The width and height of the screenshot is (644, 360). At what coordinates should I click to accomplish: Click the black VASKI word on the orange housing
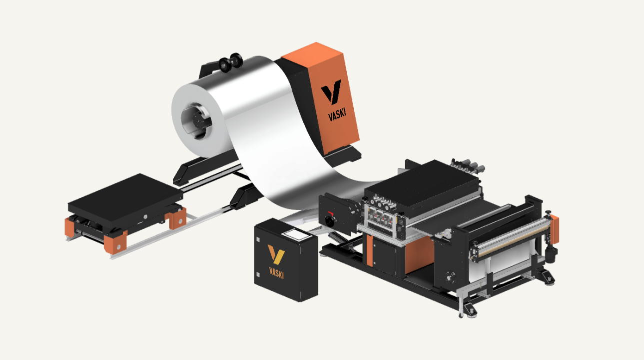click(x=337, y=114)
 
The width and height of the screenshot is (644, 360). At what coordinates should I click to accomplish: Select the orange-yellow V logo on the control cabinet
click(x=276, y=254)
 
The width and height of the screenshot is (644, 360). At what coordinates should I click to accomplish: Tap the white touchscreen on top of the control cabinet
click(x=297, y=234)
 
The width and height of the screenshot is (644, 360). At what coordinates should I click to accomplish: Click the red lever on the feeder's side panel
click(x=331, y=213)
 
